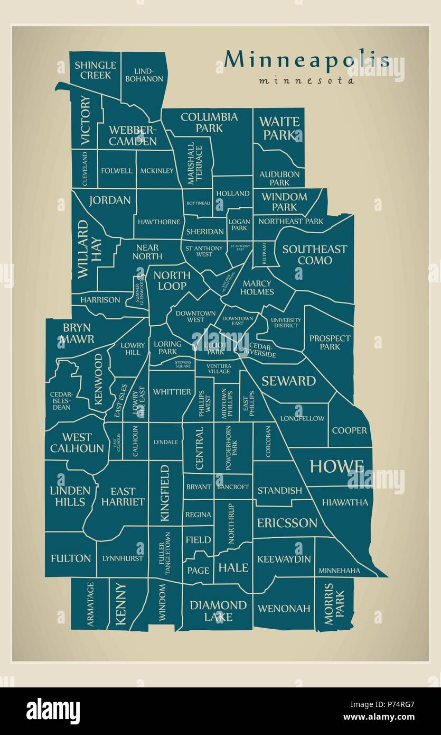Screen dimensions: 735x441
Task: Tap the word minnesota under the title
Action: click(306, 81)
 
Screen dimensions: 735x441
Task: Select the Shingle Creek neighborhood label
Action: click(95, 70)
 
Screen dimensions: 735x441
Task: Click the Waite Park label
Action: click(279, 128)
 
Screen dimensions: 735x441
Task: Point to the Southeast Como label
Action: click(315, 254)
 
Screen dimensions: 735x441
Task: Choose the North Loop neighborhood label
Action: click(172, 280)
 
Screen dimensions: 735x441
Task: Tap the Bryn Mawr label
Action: click(77, 333)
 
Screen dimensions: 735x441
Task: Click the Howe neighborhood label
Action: click(336, 466)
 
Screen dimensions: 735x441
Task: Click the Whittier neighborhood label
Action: click(172, 392)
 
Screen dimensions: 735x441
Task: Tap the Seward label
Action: click(288, 381)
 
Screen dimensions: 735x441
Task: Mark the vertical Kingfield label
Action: click(165, 493)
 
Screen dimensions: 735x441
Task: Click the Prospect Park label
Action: click(330, 342)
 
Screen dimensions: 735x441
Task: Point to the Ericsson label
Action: click(287, 523)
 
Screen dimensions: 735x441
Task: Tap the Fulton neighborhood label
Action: click(71, 558)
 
